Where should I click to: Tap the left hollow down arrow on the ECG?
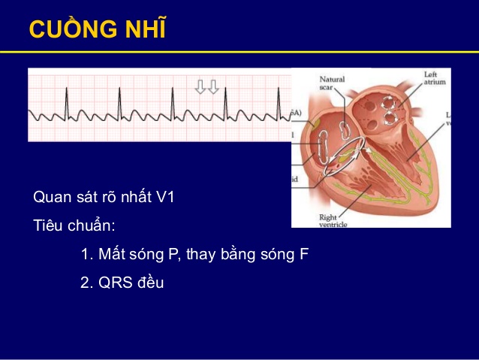[200, 86]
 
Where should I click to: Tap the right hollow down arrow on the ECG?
[213, 86]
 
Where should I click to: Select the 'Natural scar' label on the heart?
[333, 83]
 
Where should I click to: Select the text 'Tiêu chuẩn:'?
[74, 225]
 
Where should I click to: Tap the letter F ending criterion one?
[304, 254]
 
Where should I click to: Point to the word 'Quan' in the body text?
[50, 197]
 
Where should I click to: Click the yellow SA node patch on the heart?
[318, 120]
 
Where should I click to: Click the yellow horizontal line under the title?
[239, 52]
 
